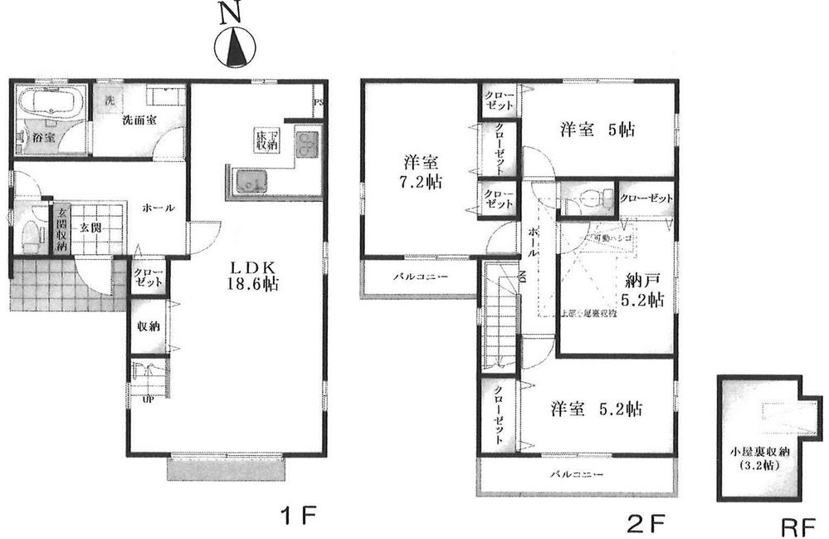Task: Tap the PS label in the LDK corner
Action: pos(319,103)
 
